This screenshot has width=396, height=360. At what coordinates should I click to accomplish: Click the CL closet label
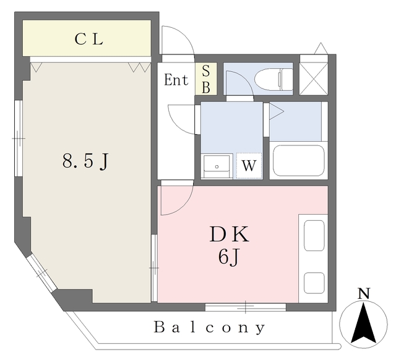pos(89,39)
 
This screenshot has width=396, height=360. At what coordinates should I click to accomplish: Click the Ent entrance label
pos(176,80)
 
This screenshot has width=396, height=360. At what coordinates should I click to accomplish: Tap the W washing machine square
pos(249,166)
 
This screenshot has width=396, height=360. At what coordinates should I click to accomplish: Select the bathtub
pos(299,161)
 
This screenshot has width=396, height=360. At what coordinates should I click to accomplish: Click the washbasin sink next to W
pos(217,166)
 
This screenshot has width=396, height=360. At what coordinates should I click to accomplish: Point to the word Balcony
pos(210,327)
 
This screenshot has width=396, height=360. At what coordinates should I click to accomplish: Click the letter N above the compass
pos(365,293)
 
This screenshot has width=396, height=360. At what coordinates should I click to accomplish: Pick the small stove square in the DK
pos(314,281)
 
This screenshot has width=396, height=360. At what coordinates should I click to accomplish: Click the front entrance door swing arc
pos(178,38)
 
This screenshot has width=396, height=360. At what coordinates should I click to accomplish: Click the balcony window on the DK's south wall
pos(246,306)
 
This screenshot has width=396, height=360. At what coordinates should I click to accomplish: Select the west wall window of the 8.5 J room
pos(19,138)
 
